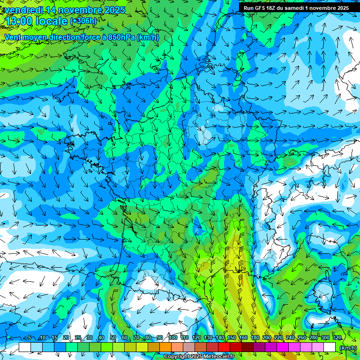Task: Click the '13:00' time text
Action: coord(21,22)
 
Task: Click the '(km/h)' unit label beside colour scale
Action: coord(347,348)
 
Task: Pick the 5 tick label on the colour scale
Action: coord(30,338)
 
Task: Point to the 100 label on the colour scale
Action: coord(173,338)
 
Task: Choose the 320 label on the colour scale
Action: coord(337,338)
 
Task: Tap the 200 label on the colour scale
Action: coord(267,338)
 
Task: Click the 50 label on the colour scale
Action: coord(112,338)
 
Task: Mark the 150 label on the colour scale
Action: coord(232,338)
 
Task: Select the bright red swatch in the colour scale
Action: coord(224,347)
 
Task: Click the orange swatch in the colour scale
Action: coord(165,347)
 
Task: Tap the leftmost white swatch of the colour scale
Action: coord(25,347)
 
